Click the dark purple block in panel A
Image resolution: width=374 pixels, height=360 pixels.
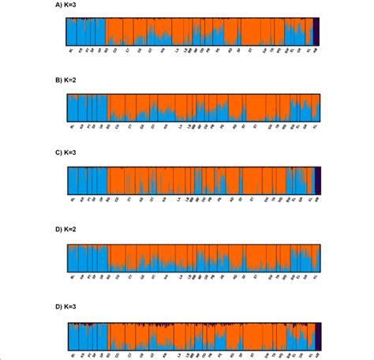(x=316, y=32)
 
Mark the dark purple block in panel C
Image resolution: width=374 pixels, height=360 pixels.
(x=316, y=181)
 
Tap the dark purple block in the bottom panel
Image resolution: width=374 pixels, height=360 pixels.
(x=316, y=335)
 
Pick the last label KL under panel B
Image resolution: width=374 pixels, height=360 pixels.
(x=316, y=125)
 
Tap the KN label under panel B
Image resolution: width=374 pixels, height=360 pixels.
(x=165, y=125)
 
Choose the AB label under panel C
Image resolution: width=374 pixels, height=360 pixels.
(x=317, y=200)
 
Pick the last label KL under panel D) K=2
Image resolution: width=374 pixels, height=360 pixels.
(x=316, y=277)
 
